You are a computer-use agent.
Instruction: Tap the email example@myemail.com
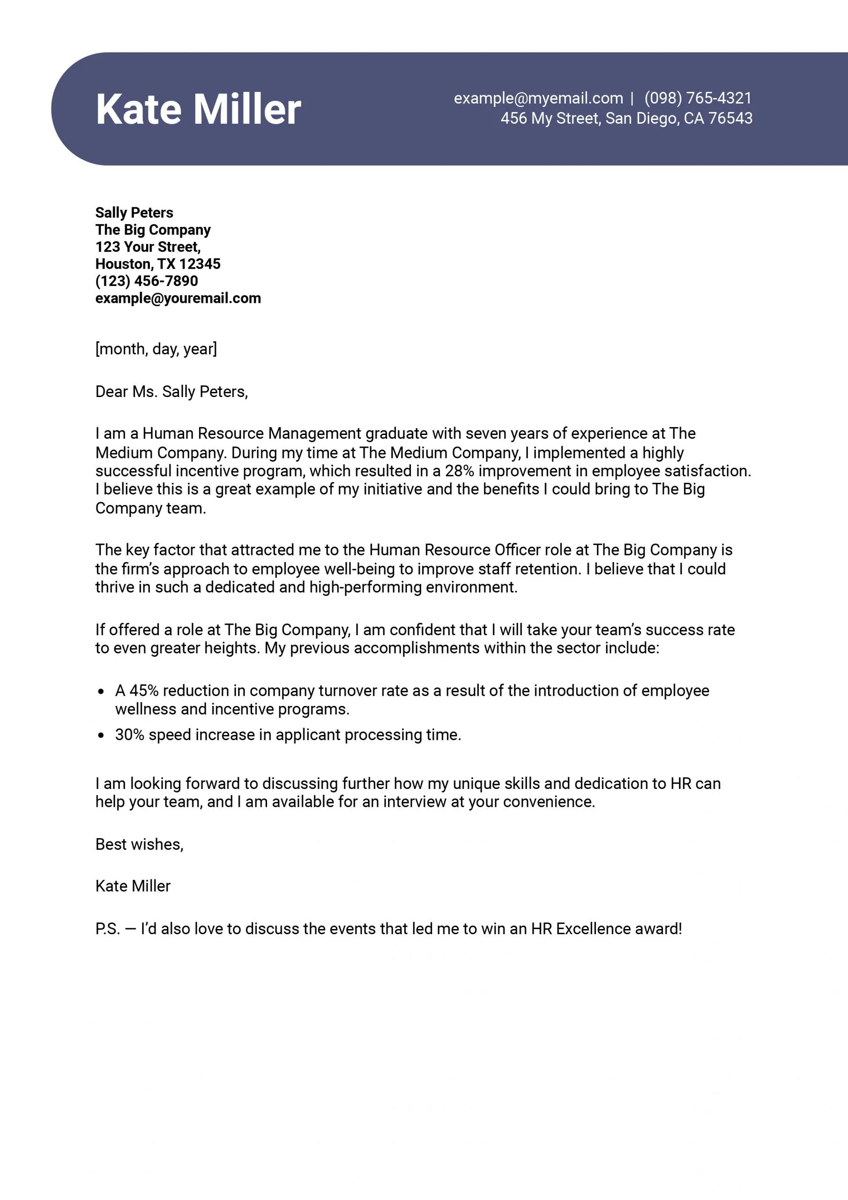[538, 98]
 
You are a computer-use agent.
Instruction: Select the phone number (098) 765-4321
[698, 98]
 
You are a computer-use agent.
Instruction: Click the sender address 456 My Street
[552, 119]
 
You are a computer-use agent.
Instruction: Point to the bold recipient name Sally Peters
[134, 213]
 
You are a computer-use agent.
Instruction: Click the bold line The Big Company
[153, 230]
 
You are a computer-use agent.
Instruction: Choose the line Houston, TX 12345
[158, 264]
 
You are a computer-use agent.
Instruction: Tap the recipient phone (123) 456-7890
[147, 281]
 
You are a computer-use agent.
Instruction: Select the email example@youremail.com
[178, 299]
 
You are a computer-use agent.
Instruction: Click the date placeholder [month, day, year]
[156, 349]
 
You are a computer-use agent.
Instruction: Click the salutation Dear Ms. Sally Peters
[171, 391]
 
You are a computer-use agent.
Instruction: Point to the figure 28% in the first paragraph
[459, 471]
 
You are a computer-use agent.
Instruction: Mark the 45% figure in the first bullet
[144, 690]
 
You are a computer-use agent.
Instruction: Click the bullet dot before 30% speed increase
[101, 735]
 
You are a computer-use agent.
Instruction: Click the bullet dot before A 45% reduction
[101, 691]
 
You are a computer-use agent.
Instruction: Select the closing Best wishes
[139, 844]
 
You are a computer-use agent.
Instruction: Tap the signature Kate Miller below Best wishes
[133, 886]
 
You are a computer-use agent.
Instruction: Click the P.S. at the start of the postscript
[108, 929]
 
